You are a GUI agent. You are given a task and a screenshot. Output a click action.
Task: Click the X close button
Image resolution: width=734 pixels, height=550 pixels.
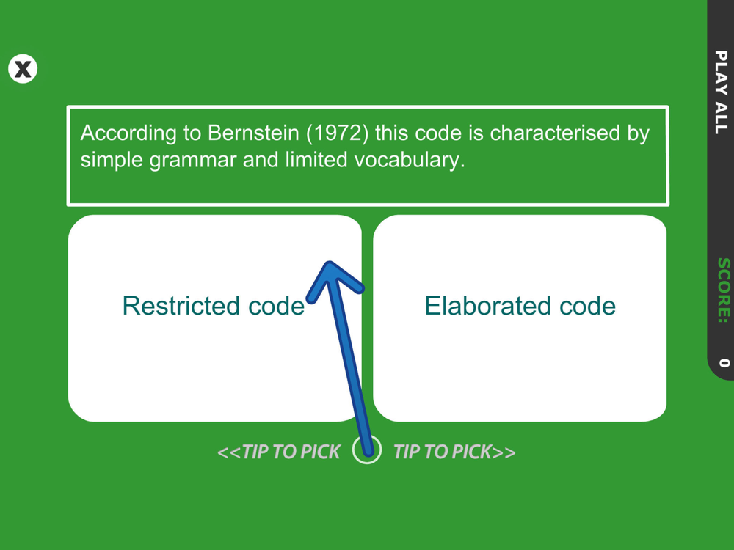[23, 69]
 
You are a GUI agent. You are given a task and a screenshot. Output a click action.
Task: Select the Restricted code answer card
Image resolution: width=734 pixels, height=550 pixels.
[215, 318]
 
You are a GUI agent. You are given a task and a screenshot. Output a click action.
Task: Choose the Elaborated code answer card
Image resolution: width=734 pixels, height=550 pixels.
[520, 318]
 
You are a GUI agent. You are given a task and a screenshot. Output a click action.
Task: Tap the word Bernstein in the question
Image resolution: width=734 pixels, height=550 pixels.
[253, 133]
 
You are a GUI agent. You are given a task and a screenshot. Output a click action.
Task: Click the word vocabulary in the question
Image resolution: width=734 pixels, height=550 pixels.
[410, 161]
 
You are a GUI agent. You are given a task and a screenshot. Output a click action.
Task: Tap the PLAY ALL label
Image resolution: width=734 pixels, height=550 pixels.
[722, 92]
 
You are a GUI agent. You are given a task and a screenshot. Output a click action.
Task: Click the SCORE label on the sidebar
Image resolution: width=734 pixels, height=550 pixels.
[723, 290]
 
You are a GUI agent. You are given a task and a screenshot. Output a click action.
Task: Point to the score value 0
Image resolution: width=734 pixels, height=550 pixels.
[724, 362]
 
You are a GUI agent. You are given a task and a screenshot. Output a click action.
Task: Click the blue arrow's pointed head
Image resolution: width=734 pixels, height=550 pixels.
[330, 264]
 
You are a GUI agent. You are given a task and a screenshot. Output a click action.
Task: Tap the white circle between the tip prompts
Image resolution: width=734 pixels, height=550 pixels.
[367, 450]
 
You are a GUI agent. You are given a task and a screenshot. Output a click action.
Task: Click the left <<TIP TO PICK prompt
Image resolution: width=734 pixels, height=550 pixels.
[279, 452]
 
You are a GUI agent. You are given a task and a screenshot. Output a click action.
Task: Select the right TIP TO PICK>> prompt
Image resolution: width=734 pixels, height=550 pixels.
[454, 452]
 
